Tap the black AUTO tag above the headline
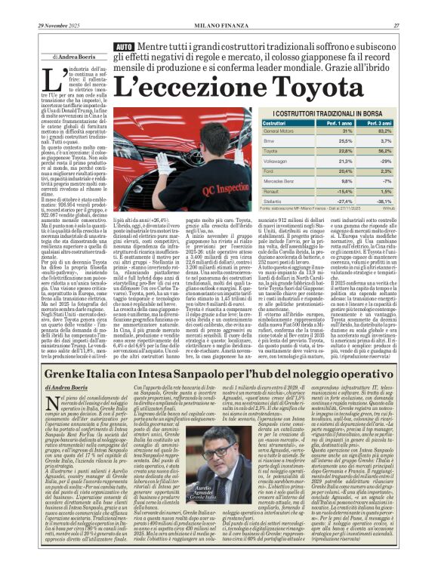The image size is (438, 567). pos(124,47)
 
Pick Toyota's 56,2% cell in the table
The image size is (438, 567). pos(404,150)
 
